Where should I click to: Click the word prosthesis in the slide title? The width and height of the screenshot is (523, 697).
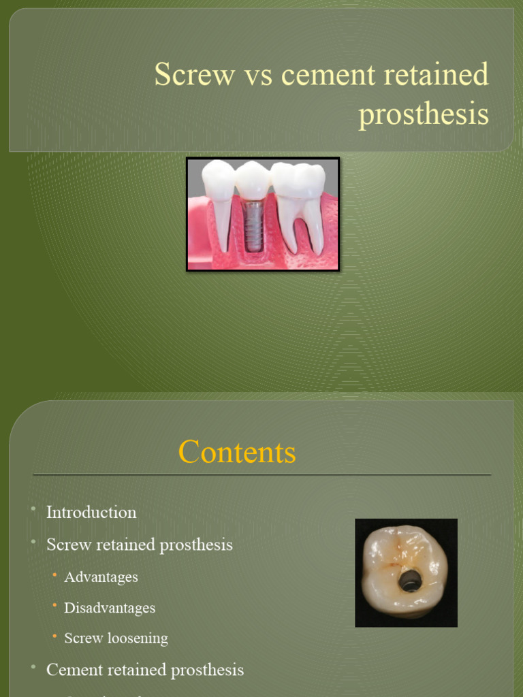pyautogui.click(x=424, y=114)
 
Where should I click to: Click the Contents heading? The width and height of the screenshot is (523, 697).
pyautogui.click(x=237, y=452)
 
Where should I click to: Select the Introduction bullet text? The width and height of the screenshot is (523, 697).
pyautogui.click(x=91, y=513)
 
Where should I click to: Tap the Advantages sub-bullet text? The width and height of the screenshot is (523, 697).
pyautogui.click(x=101, y=577)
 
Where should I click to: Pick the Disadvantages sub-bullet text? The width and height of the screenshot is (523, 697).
pyautogui.click(x=110, y=608)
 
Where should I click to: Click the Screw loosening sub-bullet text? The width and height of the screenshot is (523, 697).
pyautogui.click(x=116, y=638)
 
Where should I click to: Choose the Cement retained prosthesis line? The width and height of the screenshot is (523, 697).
pyautogui.click(x=145, y=670)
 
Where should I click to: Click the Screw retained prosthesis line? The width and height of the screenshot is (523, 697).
pyautogui.click(x=140, y=545)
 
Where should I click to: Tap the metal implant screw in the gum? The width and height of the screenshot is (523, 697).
pyautogui.click(x=253, y=226)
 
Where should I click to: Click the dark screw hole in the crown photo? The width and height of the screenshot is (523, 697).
pyautogui.click(x=409, y=581)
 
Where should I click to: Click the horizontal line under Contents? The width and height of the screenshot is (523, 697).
pyautogui.click(x=261, y=474)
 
